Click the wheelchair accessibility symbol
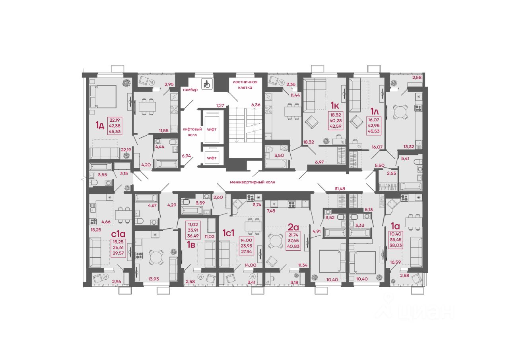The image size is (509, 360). click(x=207, y=84)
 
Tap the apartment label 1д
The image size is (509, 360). click(x=100, y=125)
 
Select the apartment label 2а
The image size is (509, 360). click(x=293, y=227)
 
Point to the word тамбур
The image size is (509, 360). click(x=190, y=90)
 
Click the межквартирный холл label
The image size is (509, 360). click(x=253, y=182)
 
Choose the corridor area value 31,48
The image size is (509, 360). click(x=340, y=189)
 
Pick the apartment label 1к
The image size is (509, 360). click(x=335, y=105)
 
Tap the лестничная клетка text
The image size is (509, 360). click(x=245, y=85)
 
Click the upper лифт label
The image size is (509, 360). click(x=211, y=129)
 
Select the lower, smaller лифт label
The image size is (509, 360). click(x=211, y=158)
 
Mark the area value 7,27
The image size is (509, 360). click(x=220, y=105)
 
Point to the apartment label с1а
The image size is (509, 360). click(x=118, y=234)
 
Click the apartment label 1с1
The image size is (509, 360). click(x=228, y=233)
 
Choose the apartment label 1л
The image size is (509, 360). click(x=375, y=112)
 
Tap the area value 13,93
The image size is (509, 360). click(x=153, y=279)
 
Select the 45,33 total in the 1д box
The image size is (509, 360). click(x=115, y=131)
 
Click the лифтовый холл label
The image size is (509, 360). click(x=192, y=132)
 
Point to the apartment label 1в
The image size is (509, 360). click(x=191, y=245)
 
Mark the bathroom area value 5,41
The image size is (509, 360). click(x=405, y=158)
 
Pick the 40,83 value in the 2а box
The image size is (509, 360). click(x=293, y=246)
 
